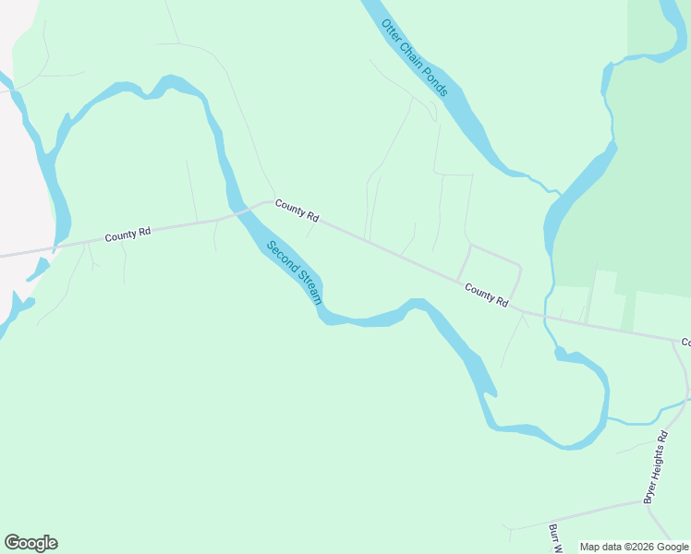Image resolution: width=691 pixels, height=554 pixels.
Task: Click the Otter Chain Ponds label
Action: click(x=415, y=57)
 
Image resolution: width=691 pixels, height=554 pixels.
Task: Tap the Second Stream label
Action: click(x=294, y=273)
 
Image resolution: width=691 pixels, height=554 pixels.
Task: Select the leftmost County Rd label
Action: click(x=127, y=235)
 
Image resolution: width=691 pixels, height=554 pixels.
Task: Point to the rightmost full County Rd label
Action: click(x=487, y=295)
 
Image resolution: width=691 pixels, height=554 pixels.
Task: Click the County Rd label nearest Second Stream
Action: click(x=297, y=211)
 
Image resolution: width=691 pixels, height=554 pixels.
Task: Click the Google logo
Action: click(x=30, y=543)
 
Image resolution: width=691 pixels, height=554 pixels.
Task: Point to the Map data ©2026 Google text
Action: click(x=635, y=547)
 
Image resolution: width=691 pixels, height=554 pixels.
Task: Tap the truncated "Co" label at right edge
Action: click(x=686, y=343)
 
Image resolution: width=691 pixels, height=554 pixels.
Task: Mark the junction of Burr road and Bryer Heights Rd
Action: click(x=644, y=502)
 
